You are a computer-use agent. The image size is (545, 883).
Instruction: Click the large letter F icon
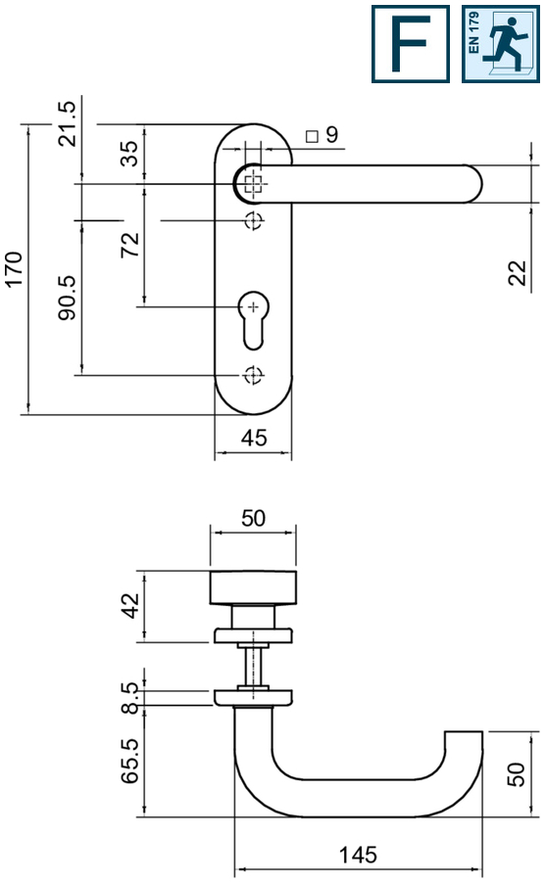[410, 43]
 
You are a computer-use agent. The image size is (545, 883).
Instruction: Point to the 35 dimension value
[129, 155]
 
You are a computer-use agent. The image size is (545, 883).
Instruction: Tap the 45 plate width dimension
[254, 439]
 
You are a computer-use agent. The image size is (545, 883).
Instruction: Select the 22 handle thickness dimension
[518, 273]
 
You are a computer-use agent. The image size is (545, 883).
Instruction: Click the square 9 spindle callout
[322, 135]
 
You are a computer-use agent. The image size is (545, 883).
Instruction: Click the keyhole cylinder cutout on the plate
[254, 317]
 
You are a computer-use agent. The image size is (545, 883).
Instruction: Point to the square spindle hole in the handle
[254, 182]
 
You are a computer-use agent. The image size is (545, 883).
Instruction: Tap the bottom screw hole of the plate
[254, 374]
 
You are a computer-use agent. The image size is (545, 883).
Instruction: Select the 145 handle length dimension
[358, 855]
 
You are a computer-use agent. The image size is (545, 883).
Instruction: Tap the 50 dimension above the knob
[254, 519]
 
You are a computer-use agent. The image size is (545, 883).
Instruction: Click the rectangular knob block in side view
[254, 586]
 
